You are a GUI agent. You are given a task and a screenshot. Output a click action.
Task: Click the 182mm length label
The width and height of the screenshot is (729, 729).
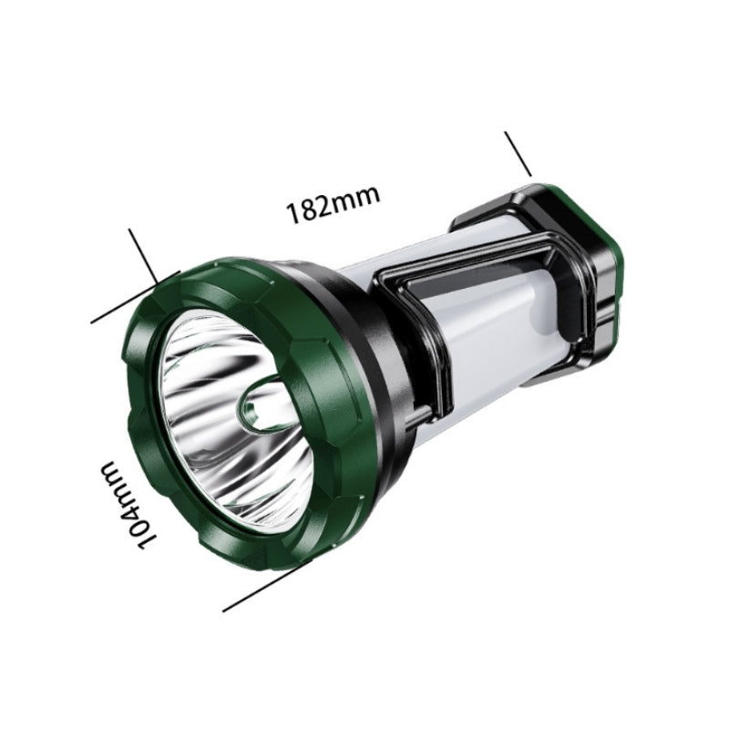pyautogui.click(x=333, y=203)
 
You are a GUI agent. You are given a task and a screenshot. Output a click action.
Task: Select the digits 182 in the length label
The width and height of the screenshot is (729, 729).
pyautogui.click(x=305, y=210)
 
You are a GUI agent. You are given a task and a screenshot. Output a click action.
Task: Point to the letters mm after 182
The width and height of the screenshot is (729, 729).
pyautogui.click(x=354, y=198)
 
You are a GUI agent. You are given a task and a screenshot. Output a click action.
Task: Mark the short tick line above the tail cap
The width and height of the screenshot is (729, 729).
pyautogui.click(x=518, y=154)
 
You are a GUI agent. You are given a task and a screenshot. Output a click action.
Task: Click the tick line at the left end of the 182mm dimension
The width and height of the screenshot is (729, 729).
pyautogui.click(x=144, y=255)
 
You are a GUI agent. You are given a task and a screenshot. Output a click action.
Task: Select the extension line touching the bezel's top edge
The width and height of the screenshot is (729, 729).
pyautogui.click(x=135, y=297)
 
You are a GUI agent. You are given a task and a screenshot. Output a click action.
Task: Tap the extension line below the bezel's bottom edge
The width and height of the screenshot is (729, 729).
pyautogui.click(x=267, y=586)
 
